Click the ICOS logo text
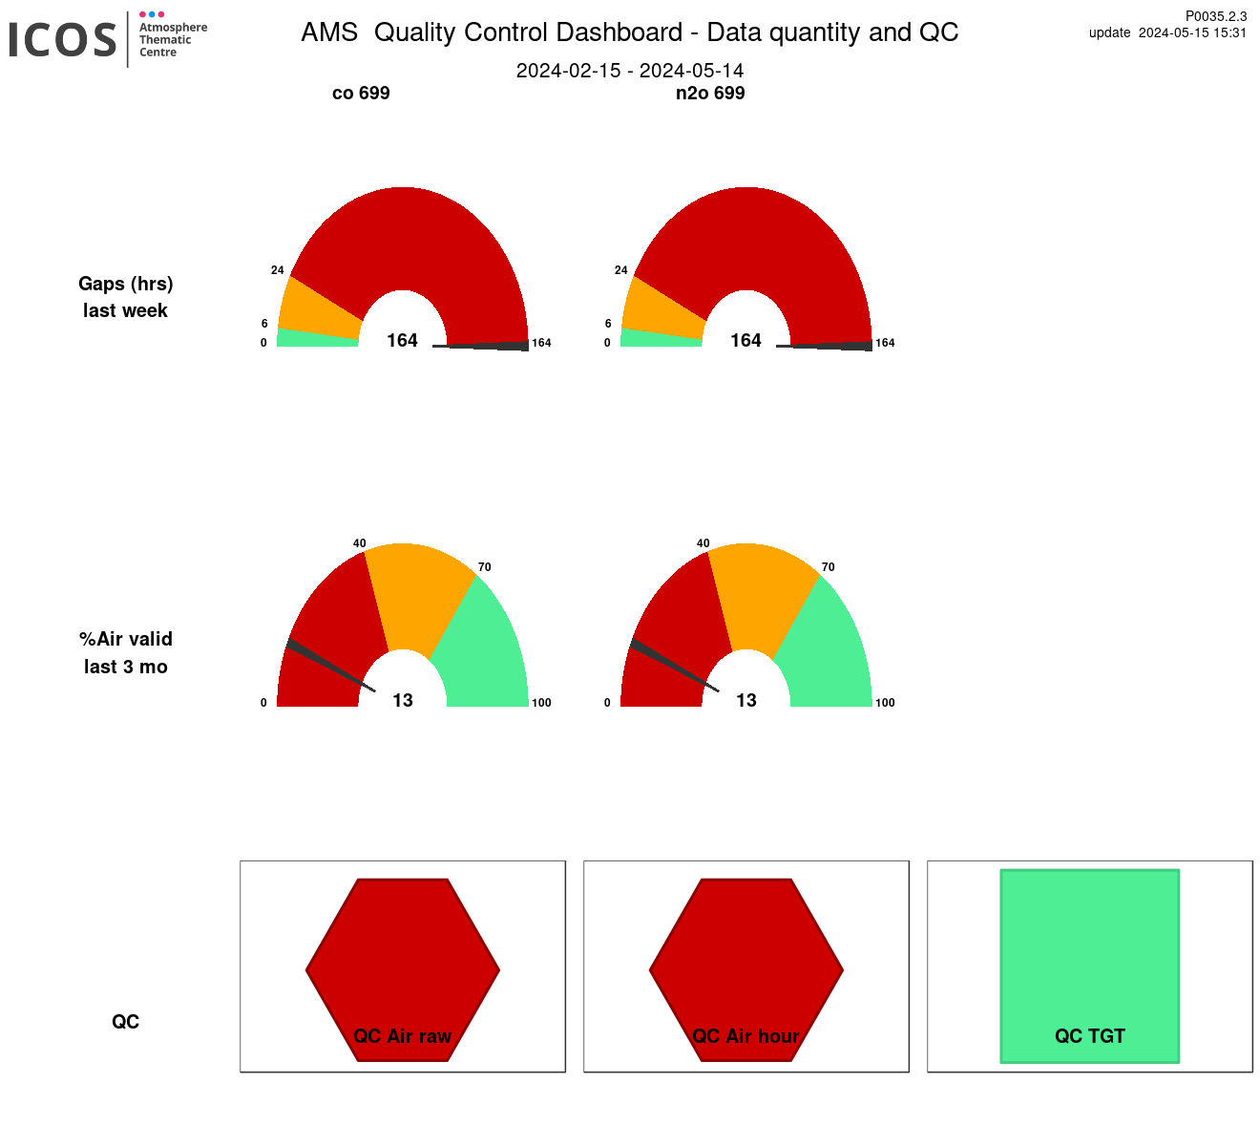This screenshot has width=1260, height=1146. (x=63, y=40)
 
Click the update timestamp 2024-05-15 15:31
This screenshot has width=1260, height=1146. (x=1192, y=32)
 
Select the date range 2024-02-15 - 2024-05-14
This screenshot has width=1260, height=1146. (x=630, y=71)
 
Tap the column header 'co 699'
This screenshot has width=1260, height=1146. (x=361, y=93)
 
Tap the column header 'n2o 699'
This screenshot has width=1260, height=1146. (x=710, y=93)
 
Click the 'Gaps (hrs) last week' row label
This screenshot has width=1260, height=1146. (x=126, y=297)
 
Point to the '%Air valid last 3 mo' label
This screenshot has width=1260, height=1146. (x=126, y=652)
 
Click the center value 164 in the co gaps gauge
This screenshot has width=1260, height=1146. (x=403, y=341)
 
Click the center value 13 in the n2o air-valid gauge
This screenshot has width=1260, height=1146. (x=746, y=701)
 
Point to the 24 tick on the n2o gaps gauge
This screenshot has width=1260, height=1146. (x=621, y=270)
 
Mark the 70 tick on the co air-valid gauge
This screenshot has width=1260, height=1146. (x=485, y=567)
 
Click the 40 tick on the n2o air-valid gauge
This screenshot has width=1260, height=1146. (x=703, y=543)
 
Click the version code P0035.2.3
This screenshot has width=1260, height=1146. (x=1216, y=16)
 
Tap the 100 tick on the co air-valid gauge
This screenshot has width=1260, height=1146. (x=541, y=703)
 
